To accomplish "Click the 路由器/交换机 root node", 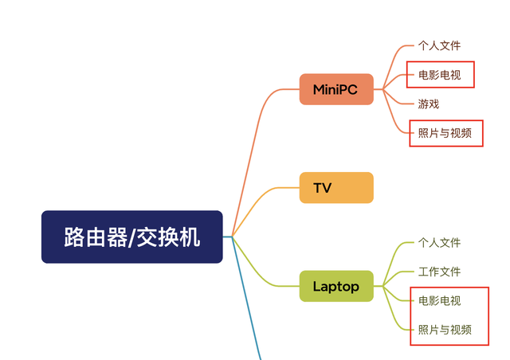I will (131, 237).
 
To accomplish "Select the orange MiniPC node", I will (335, 89).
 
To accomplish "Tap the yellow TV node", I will (335, 188).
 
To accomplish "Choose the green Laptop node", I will (335, 286).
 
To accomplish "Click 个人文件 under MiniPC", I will (439, 46).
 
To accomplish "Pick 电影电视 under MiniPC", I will (439, 76).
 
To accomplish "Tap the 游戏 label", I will (429, 104).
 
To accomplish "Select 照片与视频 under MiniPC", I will (445, 133).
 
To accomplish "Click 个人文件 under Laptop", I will (439, 243).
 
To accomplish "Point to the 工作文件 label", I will (439, 272).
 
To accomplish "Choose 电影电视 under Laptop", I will (439, 301).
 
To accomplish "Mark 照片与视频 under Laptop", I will (445, 330).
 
